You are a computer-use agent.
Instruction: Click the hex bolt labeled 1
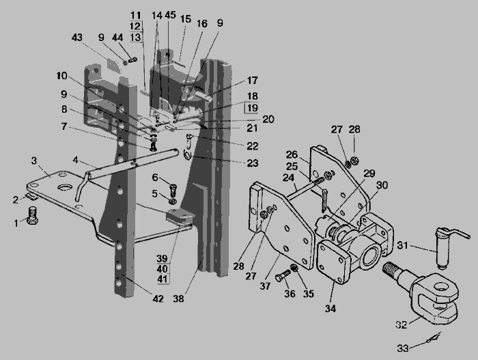(x=32, y=215)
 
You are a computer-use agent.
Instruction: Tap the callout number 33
(x=403, y=348)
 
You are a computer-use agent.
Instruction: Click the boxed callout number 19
(x=252, y=108)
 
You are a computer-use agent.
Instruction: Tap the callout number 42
(x=158, y=299)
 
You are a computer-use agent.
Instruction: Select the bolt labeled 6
(x=173, y=189)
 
